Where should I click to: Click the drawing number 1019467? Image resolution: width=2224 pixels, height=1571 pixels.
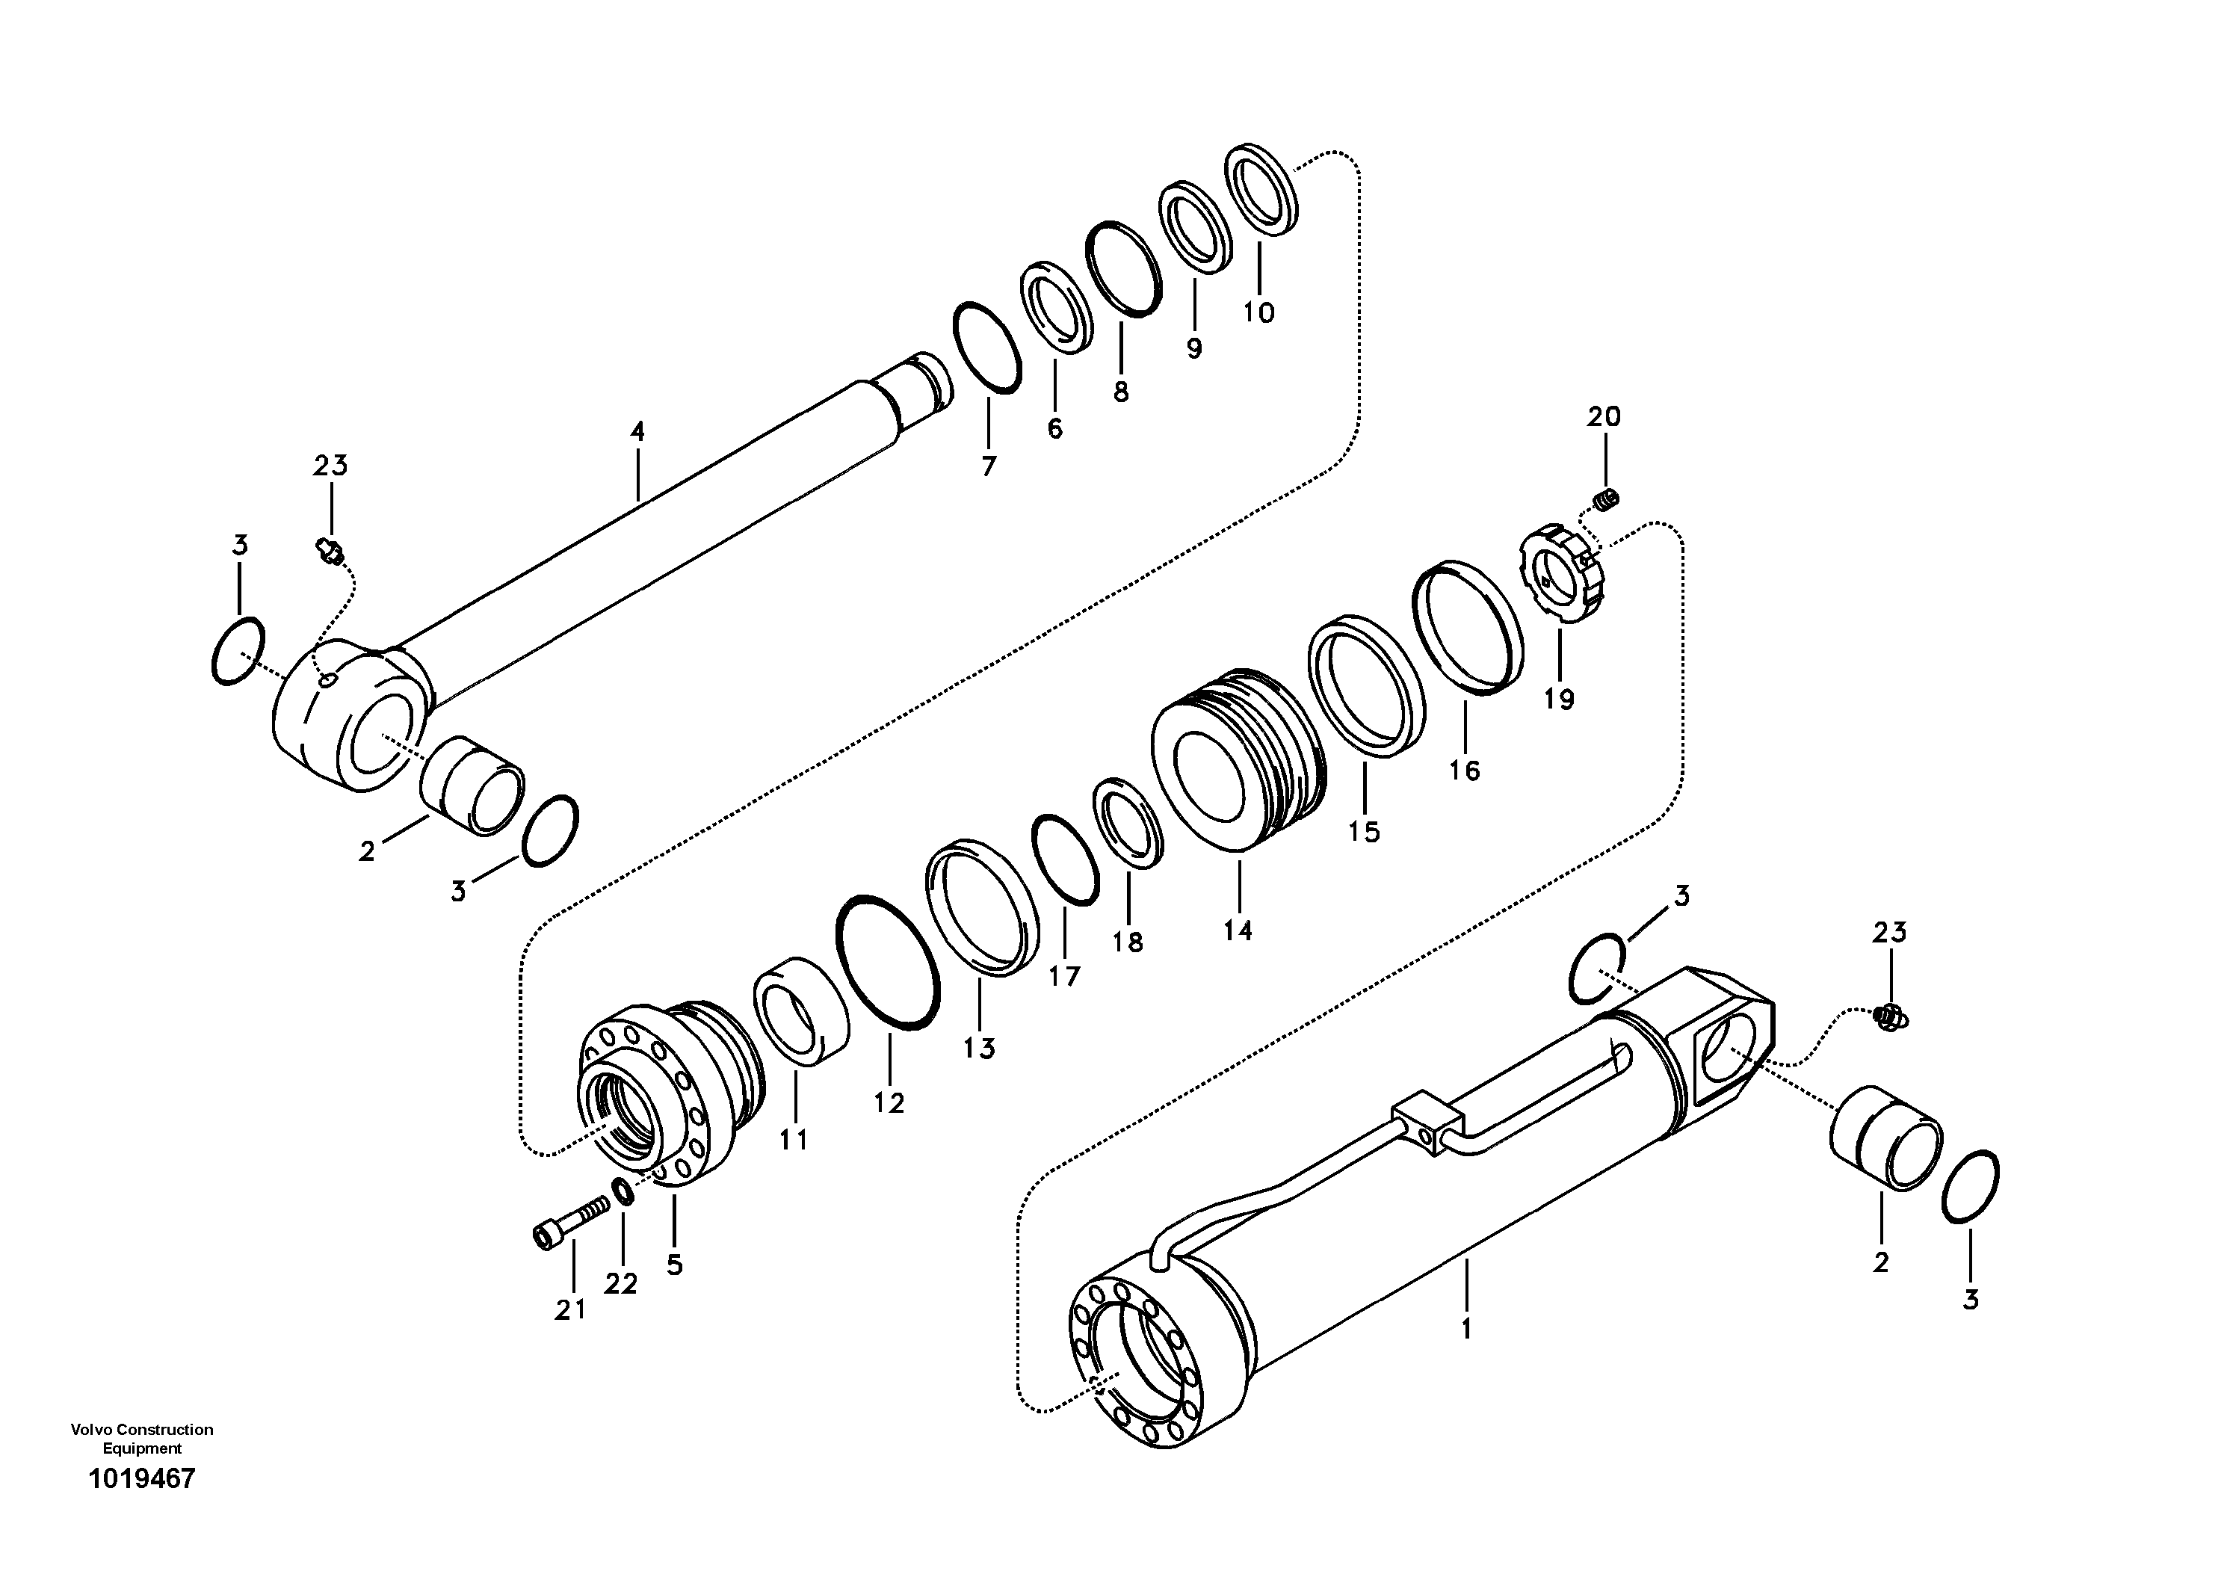point(141,1479)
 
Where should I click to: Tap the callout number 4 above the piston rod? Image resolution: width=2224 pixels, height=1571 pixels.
point(637,432)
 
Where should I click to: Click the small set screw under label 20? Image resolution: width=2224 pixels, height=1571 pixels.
point(1606,501)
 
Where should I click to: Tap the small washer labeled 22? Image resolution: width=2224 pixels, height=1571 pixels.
point(624,1191)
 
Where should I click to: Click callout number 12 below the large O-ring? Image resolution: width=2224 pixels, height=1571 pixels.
point(889,1102)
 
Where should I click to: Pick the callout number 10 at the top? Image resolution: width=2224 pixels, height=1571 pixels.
point(1258,313)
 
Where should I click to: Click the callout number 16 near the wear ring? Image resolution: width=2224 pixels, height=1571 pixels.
point(1464,771)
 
